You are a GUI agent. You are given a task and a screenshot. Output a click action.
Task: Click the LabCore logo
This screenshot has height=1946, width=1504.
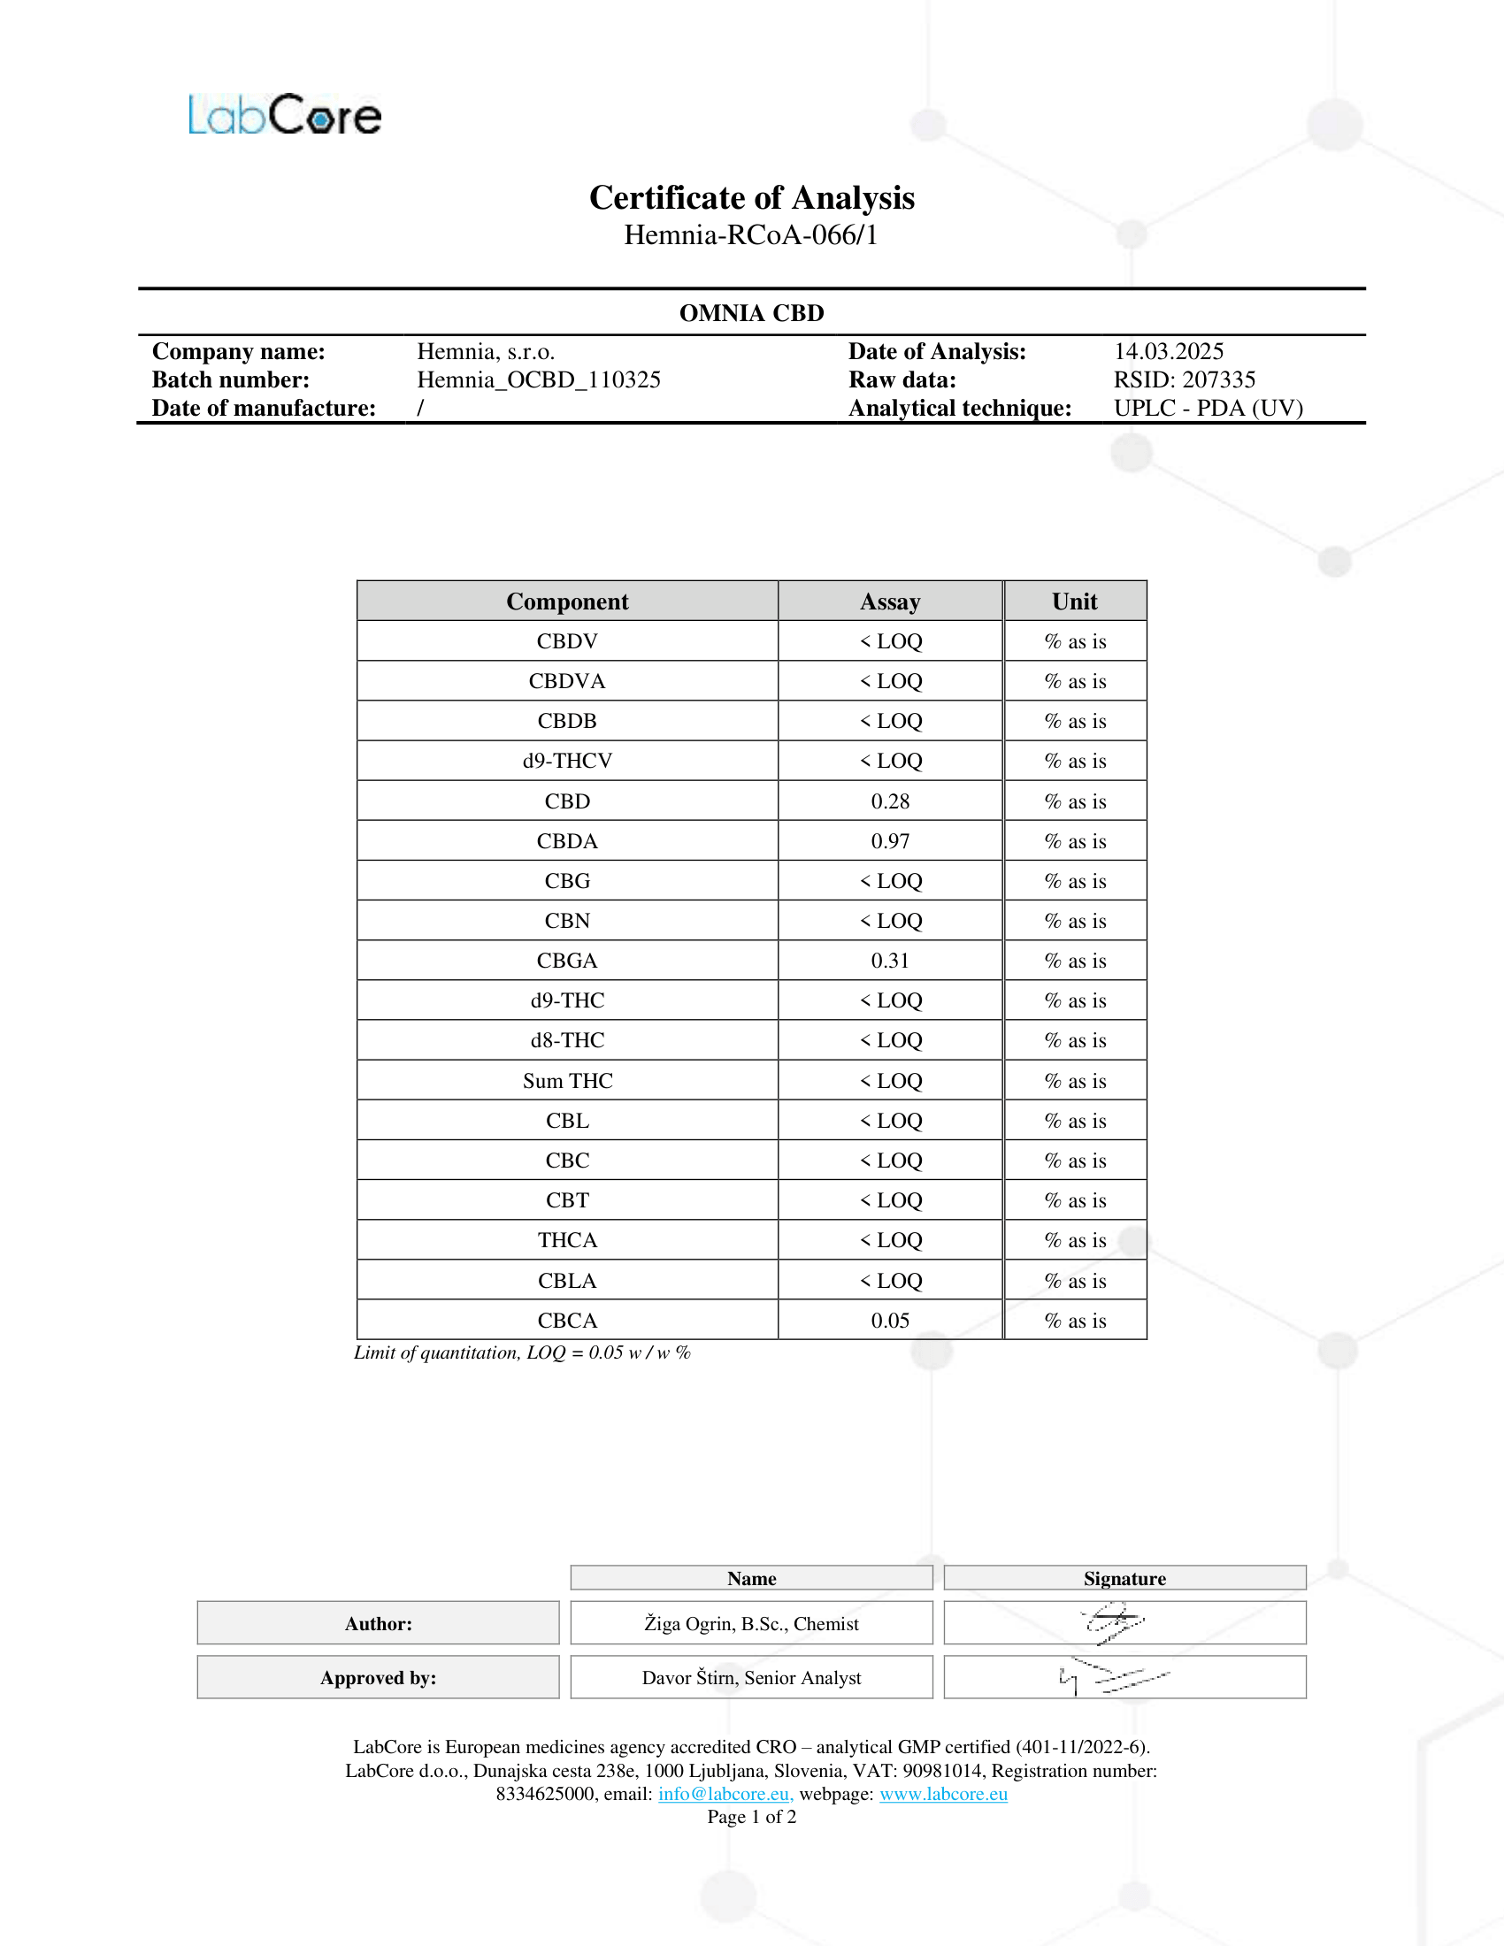tap(284, 116)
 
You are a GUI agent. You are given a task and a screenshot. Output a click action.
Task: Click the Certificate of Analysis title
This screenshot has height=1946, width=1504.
tap(751, 198)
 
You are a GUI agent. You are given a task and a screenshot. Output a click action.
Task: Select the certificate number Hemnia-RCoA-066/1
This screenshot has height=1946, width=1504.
tap(751, 235)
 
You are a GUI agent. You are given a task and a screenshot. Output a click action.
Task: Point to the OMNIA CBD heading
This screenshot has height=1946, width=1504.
tap(751, 313)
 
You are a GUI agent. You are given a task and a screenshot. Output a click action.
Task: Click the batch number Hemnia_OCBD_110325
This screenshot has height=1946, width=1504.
tap(538, 379)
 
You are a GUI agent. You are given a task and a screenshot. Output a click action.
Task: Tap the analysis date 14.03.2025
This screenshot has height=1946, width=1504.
tap(1168, 351)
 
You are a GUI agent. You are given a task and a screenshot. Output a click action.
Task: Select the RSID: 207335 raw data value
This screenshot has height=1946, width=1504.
tap(1184, 379)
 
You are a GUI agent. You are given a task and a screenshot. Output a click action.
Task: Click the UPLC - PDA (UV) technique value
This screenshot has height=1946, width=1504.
tap(1209, 408)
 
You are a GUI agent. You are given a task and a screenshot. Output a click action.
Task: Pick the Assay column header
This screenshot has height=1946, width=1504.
tap(890, 601)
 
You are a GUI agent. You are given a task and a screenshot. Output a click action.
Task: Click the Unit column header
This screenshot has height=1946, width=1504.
tap(1075, 601)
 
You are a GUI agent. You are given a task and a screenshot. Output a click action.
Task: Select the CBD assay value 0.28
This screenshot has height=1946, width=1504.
tap(890, 801)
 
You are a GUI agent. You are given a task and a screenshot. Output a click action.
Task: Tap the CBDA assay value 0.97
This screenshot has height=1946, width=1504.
tap(890, 841)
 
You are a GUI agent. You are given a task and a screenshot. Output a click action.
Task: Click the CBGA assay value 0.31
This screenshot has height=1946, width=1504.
tap(890, 961)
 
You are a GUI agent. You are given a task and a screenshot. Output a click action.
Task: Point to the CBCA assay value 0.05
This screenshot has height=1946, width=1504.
tap(890, 1321)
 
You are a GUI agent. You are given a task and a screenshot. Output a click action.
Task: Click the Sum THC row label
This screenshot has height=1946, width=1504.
tap(568, 1081)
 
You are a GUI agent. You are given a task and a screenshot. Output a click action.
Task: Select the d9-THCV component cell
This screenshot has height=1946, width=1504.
tap(568, 761)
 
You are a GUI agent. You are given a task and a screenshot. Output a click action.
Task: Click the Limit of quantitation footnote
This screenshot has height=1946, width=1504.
tap(522, 1352)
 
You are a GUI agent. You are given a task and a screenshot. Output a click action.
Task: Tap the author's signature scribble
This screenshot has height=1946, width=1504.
tap(1114, 1622)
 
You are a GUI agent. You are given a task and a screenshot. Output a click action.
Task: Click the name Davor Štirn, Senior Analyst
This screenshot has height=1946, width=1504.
tap(751, 1678)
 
